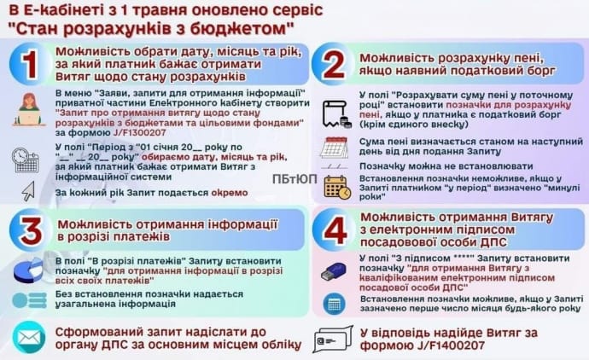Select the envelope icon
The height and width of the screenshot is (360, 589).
(28, 337)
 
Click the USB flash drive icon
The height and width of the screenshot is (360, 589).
(332, 272)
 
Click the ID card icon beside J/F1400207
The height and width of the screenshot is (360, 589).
(331, 339)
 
